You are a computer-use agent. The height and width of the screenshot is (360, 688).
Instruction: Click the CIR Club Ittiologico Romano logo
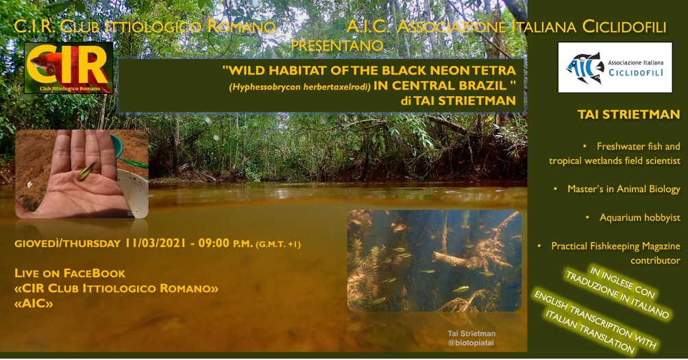[x=69, y=68]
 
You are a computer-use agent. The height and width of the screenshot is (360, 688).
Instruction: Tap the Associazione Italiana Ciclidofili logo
[x=615, y=67]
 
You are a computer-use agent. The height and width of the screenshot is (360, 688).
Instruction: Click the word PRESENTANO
[x=337, y=46]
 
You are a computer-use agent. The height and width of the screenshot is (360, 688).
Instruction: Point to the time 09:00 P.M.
[x=225, y=243]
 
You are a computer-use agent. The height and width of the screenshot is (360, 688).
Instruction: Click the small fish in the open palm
[x=86, y=171]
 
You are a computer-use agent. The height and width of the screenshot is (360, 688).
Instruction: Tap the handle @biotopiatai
[x=471, y=342]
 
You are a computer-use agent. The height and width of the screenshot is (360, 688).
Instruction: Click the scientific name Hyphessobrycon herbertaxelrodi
[x=299, y=86]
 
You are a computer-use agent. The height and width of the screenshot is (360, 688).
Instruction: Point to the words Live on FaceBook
[x=70, y=273]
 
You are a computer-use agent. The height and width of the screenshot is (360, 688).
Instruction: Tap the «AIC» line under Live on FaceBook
[x=34, y=303]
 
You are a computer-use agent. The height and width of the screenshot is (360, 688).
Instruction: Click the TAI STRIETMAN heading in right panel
[x=629, y=115]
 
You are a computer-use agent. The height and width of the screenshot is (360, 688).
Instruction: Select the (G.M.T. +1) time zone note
[x=278, y=244]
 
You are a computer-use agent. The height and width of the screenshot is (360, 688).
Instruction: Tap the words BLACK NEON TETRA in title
[x=450, y=70]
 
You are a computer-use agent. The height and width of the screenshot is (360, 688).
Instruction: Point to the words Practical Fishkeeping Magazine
[x=615, y=246]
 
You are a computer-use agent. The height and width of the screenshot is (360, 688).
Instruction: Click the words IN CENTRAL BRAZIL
[x=440, y=86]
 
